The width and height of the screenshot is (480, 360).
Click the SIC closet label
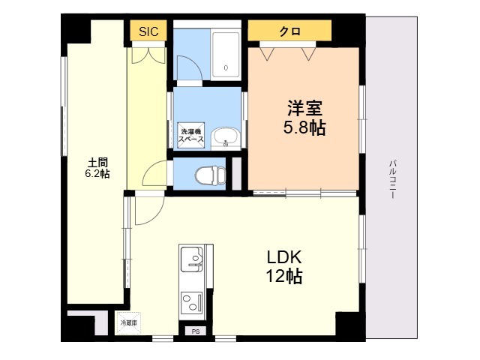click(x=148, y=31)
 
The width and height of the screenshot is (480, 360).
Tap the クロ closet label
click(x=289, y=31)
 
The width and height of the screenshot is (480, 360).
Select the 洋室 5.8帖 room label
click(x=304, y=118)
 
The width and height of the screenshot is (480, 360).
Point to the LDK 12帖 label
click(x=284, y=267)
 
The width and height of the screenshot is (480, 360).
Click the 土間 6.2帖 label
click(x=97, y=168)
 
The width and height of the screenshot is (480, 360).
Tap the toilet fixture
click(x=210, y=175)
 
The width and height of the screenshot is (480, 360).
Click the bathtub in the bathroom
click(x=226, y=55)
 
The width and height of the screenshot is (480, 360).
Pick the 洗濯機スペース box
click(x=191, y=135)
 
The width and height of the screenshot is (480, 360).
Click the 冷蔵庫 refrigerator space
click(x=128, y=323)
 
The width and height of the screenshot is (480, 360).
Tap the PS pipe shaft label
click(x=196, y=331)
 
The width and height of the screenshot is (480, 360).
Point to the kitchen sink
click(x=192, y=259)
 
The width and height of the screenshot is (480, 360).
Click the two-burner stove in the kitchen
click(x=192, y=301)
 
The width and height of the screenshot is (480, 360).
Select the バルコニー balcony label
click(x=392, y=179)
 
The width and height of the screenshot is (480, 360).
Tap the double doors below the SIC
click(x=148, y=55)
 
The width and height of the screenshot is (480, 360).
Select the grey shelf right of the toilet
click(x=237, y=173)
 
